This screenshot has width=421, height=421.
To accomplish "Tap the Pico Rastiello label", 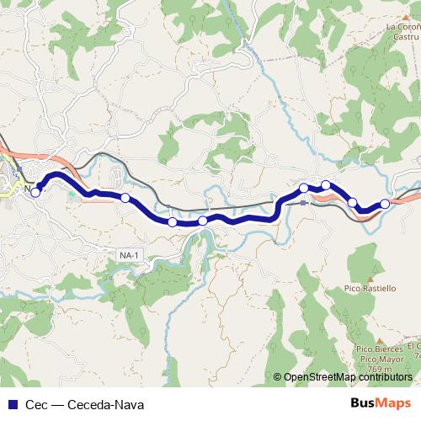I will [x=370, y=288].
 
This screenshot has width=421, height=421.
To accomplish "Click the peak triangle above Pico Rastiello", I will [x=370, y=278].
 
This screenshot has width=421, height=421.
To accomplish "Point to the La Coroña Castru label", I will [x=403, y=32].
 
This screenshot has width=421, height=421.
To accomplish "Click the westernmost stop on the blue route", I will [x=35, y=192].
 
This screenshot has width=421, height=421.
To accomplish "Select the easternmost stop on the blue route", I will [x=386, y=203].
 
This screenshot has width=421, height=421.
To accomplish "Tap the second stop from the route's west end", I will [x=125, y=198].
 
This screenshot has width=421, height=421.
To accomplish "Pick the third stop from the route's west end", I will [x=173, y=222].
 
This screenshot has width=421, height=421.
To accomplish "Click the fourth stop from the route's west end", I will [x=203, y=221].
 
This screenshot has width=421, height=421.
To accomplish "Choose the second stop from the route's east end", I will [x=353, y=203].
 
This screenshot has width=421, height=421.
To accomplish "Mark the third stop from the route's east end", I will [x=326, y=184].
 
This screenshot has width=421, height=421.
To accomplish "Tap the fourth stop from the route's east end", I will [x=304, y=188].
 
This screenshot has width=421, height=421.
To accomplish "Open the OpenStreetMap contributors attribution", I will [x=348, y=376].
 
